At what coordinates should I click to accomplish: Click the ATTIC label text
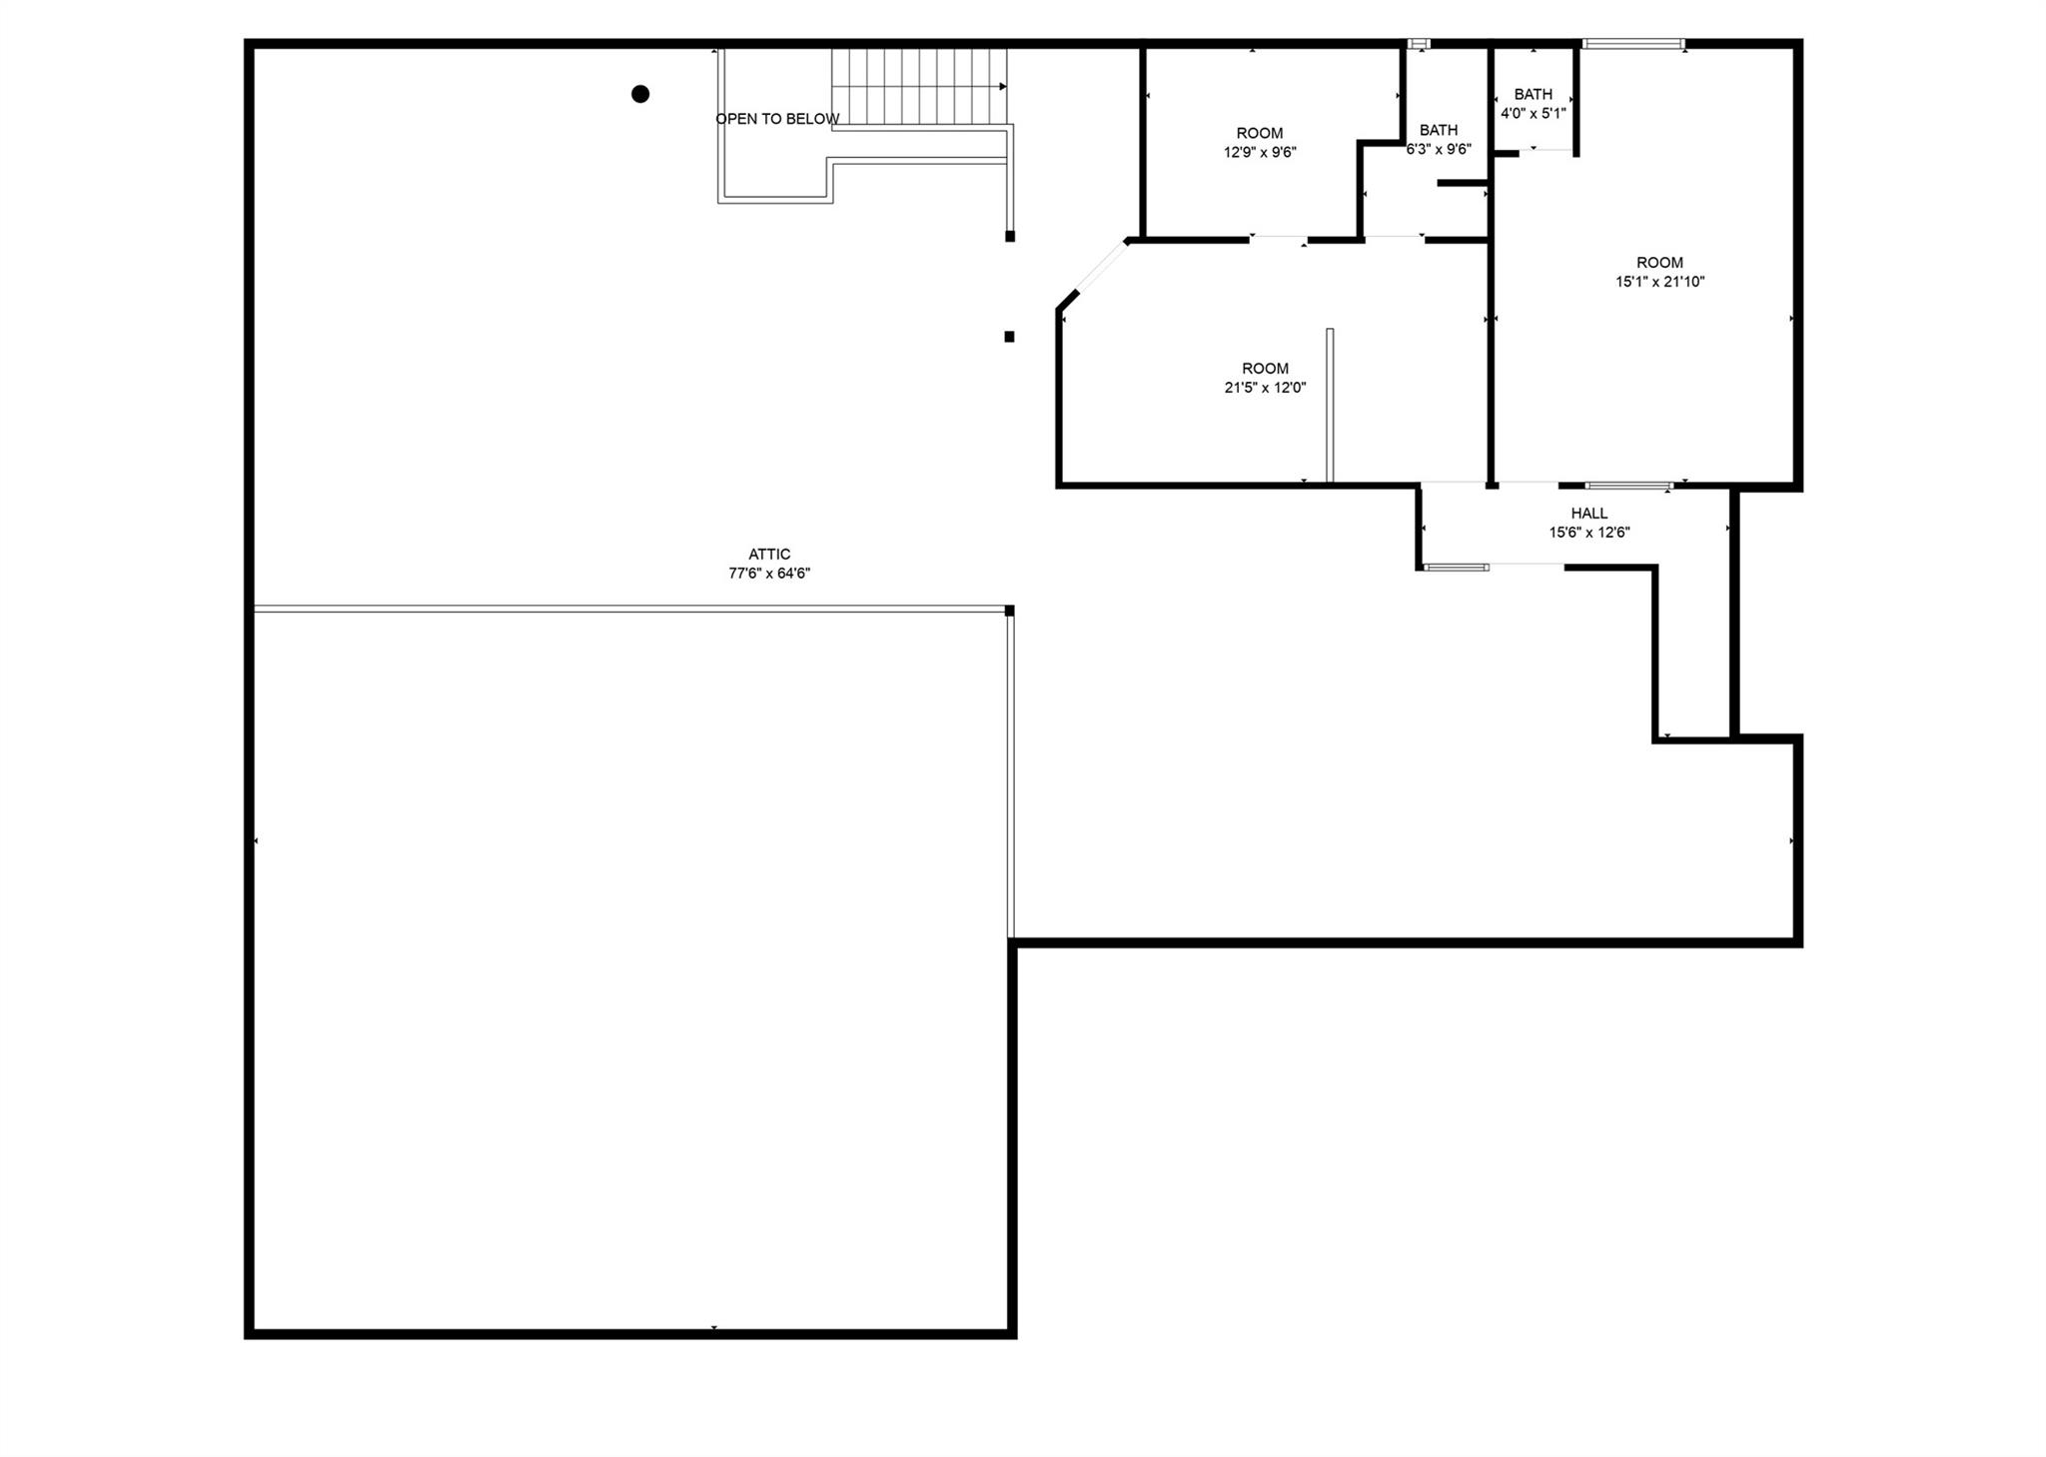[769, 555]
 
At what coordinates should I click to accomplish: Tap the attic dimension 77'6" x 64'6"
[769, 574]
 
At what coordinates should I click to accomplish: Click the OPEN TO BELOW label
[777, 119]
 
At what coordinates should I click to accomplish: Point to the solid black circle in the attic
[640, 94]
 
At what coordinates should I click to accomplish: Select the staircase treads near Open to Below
[919, 87]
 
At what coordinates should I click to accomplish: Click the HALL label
[1589, 514]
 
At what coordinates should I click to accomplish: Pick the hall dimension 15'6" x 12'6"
[1589, 533]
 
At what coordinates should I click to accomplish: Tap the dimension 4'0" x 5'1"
[1534, 113]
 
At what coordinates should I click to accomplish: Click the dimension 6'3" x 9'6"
[1439, 149]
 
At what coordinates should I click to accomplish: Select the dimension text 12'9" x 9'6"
[1260, 152]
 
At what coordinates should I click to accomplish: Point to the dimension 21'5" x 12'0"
[1266, 388]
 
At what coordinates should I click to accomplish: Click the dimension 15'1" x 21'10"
[1660, 282]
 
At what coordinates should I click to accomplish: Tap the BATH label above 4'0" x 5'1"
[1534, 95]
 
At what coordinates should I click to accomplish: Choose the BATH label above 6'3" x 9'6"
[1439, 130]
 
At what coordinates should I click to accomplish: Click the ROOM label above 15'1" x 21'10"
[1660, 263]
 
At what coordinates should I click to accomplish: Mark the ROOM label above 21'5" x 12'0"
[1266, 369]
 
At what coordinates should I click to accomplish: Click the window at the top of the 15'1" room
[1634, 44]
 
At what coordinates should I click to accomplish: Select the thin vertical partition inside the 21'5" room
[1330, 405]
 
